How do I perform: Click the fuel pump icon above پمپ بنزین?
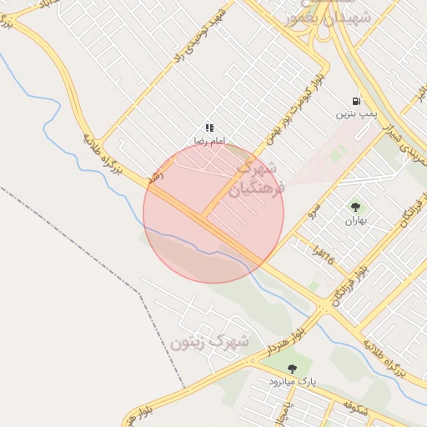tap(357, 99)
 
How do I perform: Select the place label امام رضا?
tap(208, 142)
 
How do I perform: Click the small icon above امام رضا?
tap(208, 128)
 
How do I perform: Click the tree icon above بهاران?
tap(356, 207)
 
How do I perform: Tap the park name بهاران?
tap(356, 221)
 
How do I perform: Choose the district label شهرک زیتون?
tap(209, 341)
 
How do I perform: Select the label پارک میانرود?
tap(293, 382)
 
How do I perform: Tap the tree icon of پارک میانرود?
tap(292, 369)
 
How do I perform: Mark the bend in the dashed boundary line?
tap(138, 291)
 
